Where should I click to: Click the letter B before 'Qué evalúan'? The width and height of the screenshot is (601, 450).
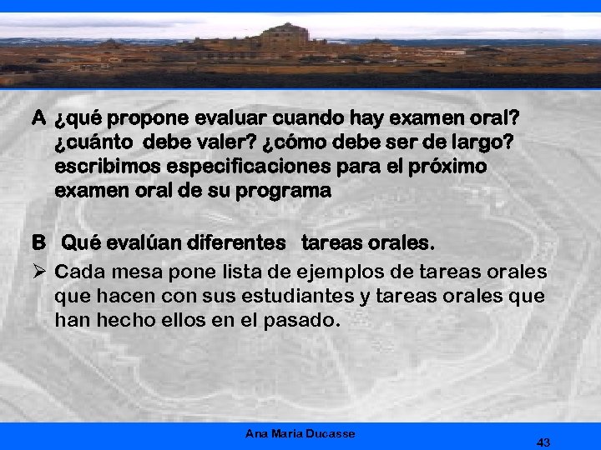pos(38,244)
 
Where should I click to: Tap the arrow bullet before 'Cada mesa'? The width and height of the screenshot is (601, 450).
pos(38,272)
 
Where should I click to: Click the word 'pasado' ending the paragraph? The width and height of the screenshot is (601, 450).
pos(304,319)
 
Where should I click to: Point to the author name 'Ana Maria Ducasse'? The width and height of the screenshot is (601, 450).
pos(300,433)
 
